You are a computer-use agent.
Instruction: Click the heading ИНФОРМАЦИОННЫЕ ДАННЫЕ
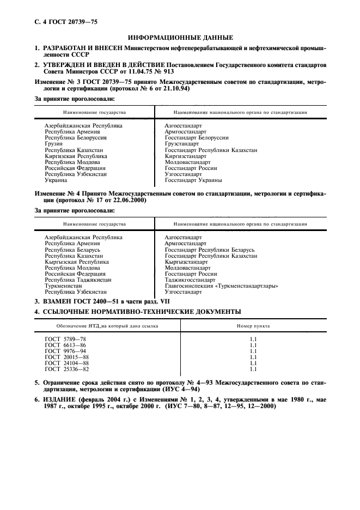180,38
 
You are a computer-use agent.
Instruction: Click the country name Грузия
53,144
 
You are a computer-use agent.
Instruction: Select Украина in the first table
56,180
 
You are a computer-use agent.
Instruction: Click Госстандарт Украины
193,180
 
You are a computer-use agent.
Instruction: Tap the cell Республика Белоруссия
76,138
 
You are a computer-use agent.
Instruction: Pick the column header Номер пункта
253,326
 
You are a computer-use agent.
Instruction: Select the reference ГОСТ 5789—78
65,339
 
